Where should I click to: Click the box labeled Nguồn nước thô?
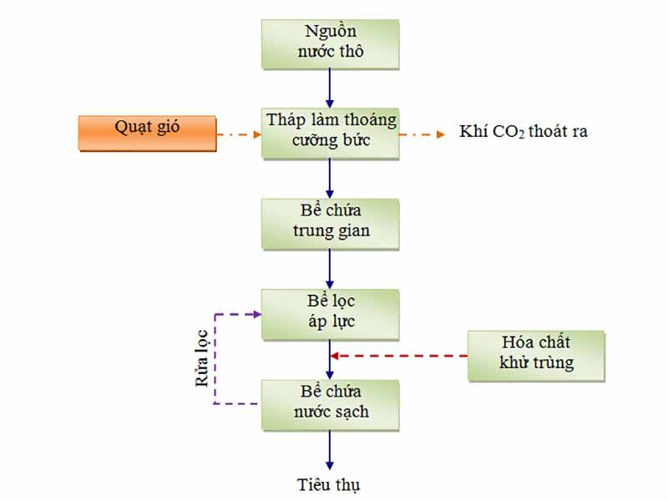pyautogui.click(x=330, y=43)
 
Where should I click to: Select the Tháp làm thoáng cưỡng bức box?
pyautogui.click(x=330, y=131)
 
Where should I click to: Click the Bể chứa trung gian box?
pyautogui.click(x=330, y=223)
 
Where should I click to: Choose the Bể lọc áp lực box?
pyautogui.click(x=330, y=313)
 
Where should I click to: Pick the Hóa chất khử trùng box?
pyautogui.click(x=535, y=355)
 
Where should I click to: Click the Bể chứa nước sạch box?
pyautogui.click(x=330, y=404)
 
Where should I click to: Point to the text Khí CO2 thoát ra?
pyautogui.click(x=523, y=132)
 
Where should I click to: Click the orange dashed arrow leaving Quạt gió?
pyautogui.click(x=239, y=133)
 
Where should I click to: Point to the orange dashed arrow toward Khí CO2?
pyautogui.click(x=423, y=133)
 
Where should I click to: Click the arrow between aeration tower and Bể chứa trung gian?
pyautogui.click(x=330, y=177)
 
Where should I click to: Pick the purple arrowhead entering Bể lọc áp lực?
pyautogui.click(x=256, y=314)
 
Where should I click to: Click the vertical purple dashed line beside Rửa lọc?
pyautogui.click(x=215, y=359)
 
